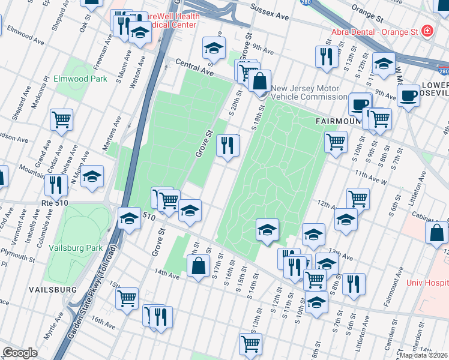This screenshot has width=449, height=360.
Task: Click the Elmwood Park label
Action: [x=80, y=79]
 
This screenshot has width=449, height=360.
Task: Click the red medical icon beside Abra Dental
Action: [x=427, y=30]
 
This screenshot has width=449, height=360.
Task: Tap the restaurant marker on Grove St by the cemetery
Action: [x=228, y=146]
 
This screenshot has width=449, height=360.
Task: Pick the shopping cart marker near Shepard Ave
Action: [x=61, y=120]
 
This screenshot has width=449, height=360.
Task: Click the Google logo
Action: [x=20, y=353]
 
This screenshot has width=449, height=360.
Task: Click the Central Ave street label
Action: [x=194, y=67]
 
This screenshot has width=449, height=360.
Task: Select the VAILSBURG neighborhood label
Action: [x=52, y=289]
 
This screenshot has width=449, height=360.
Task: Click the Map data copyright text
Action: [x=423, y=355]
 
